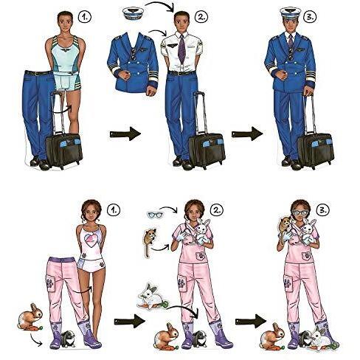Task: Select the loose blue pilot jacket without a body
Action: [133, 63]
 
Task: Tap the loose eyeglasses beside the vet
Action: [155, 214]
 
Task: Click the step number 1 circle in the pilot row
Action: [84, 17]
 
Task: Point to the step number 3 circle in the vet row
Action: [322, 210]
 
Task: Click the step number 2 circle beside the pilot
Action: [201, 17]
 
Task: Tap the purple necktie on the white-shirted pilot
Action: [181, 49]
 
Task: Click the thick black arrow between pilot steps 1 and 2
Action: [125, 134]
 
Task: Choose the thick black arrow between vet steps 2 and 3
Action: [251, 321]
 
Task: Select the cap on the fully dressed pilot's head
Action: [291, 15]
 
